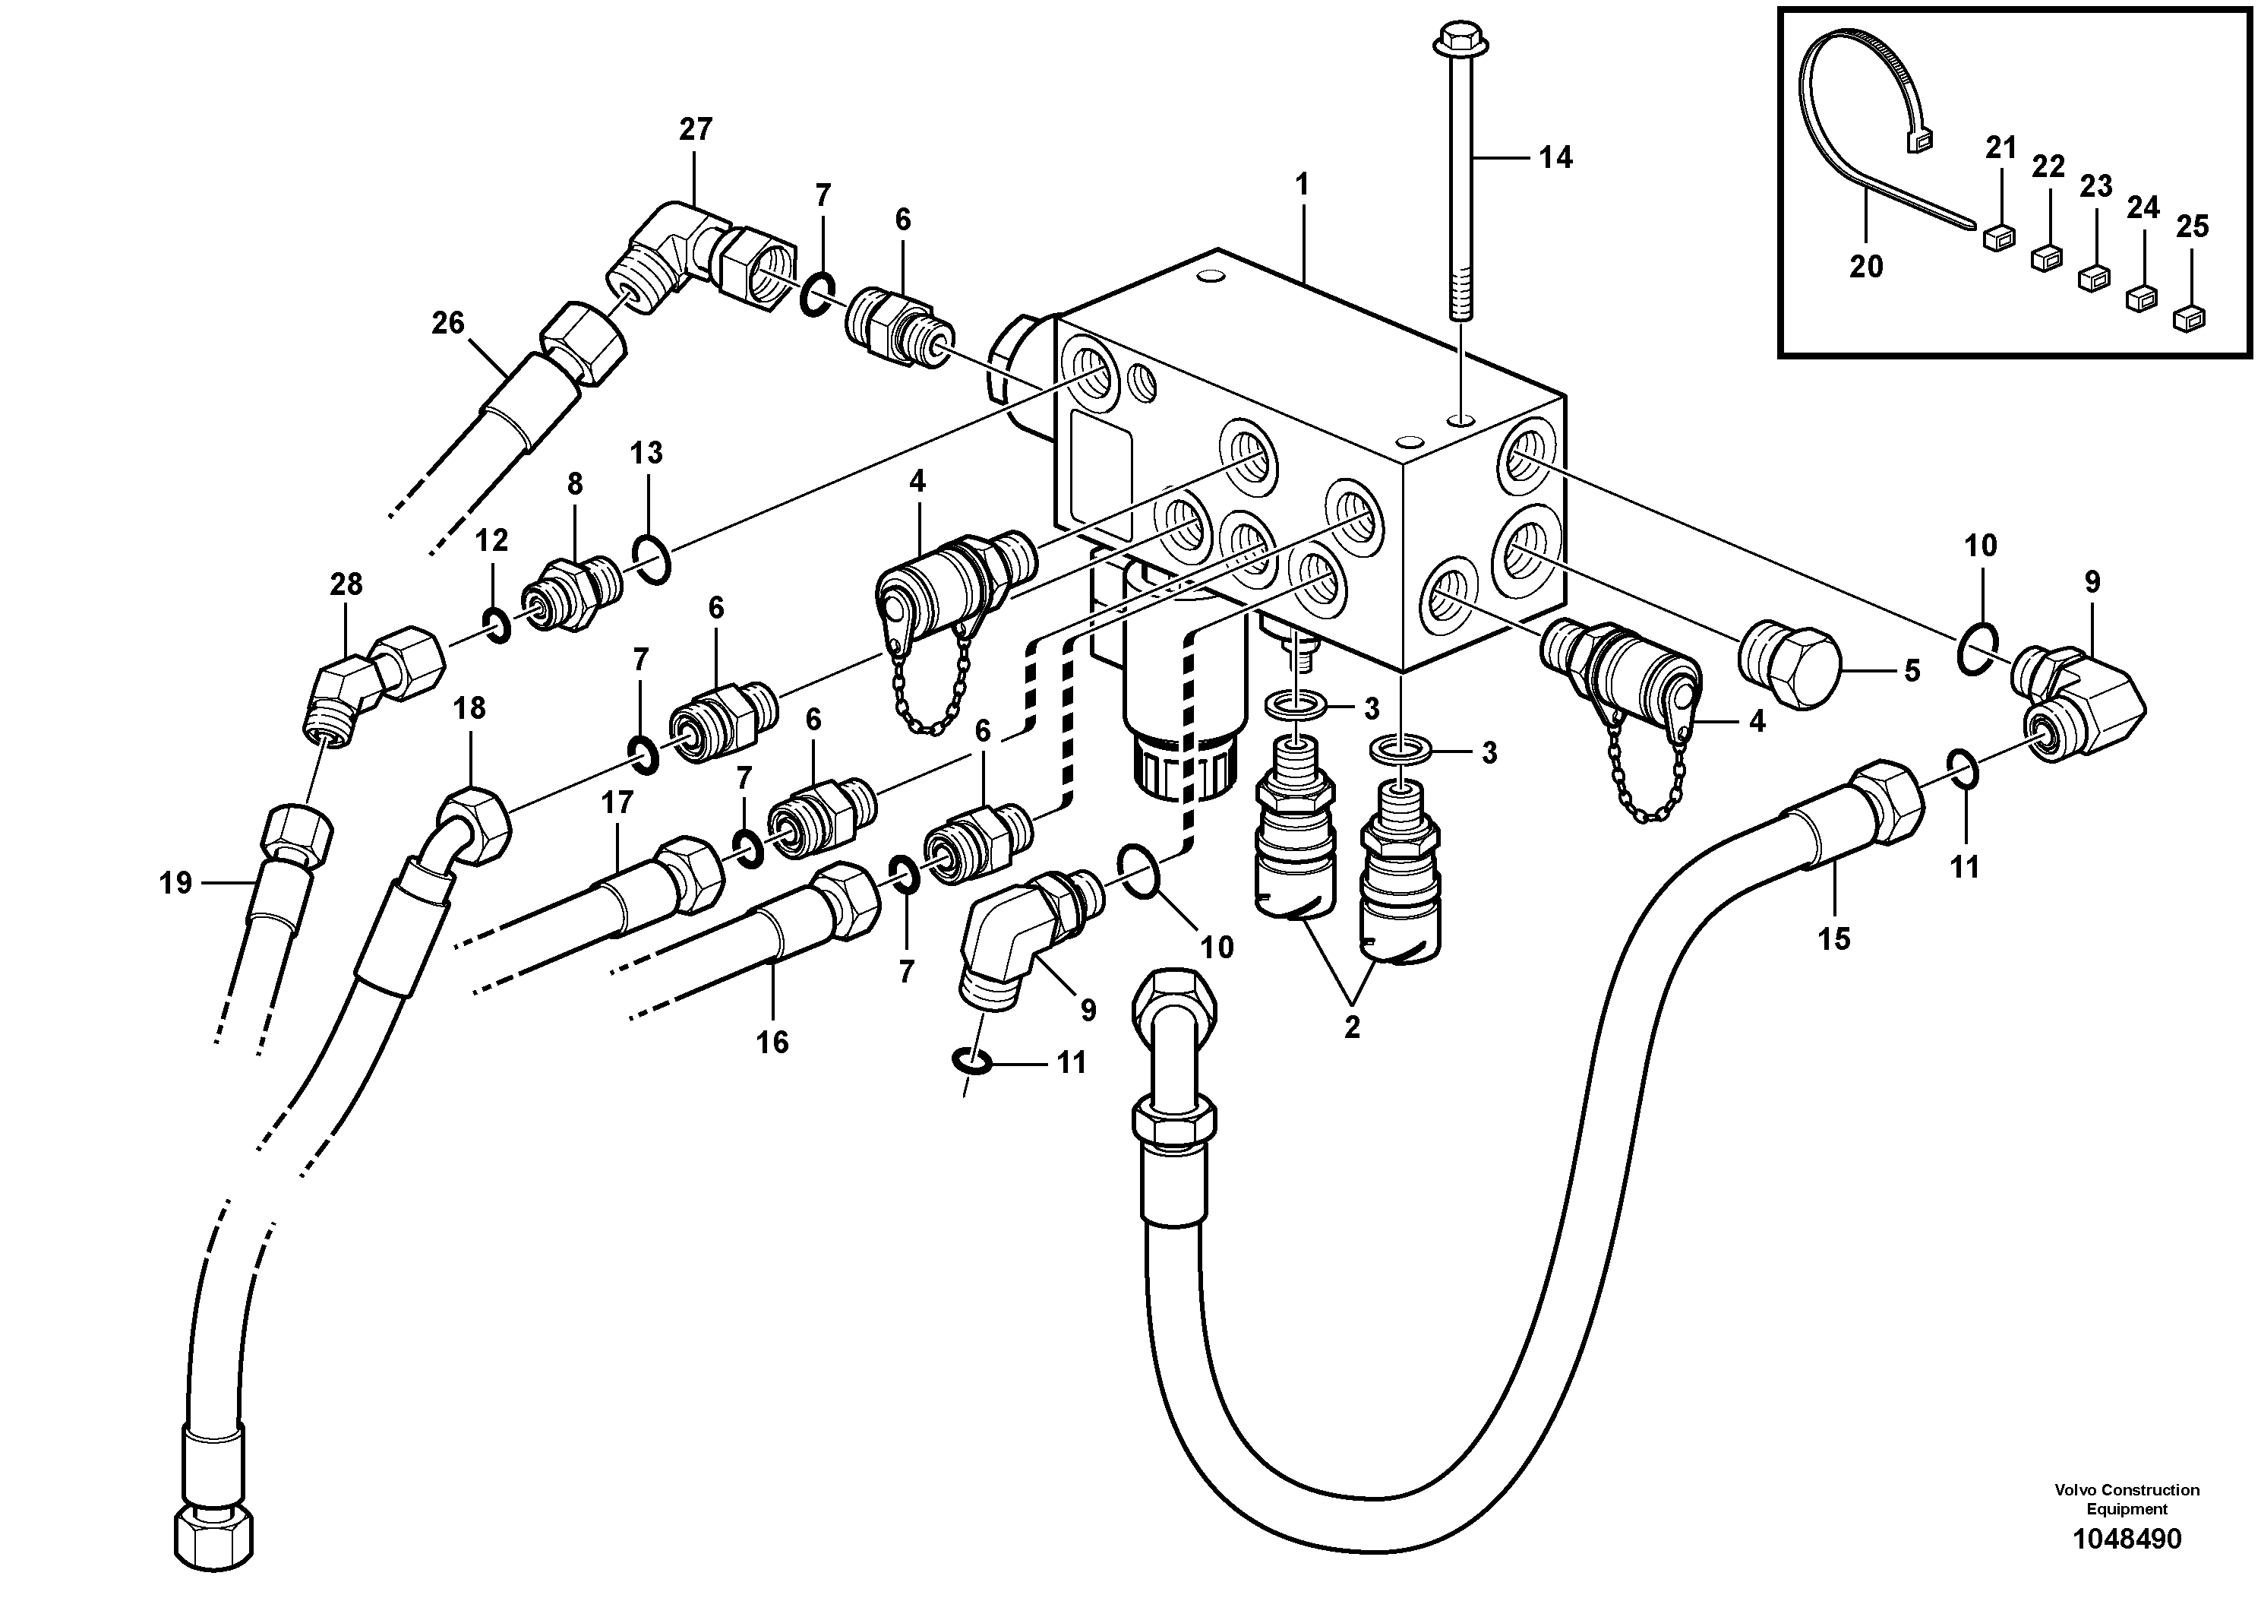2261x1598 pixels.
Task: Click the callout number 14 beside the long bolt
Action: tap(1556, 157)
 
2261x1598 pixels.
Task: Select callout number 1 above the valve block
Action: tap(1302, 185)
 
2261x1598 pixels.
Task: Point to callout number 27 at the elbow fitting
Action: tap(695, 129)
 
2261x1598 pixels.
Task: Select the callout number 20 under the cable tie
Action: tap(1865, 266)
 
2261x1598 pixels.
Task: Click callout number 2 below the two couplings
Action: tap(1351, 1027)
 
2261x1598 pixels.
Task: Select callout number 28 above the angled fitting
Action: tap(346, 584)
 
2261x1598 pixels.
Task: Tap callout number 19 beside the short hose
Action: tap(175, 884)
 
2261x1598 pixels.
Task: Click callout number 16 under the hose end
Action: tap(772, 1043)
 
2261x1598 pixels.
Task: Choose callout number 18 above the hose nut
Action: tap(469, 707)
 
